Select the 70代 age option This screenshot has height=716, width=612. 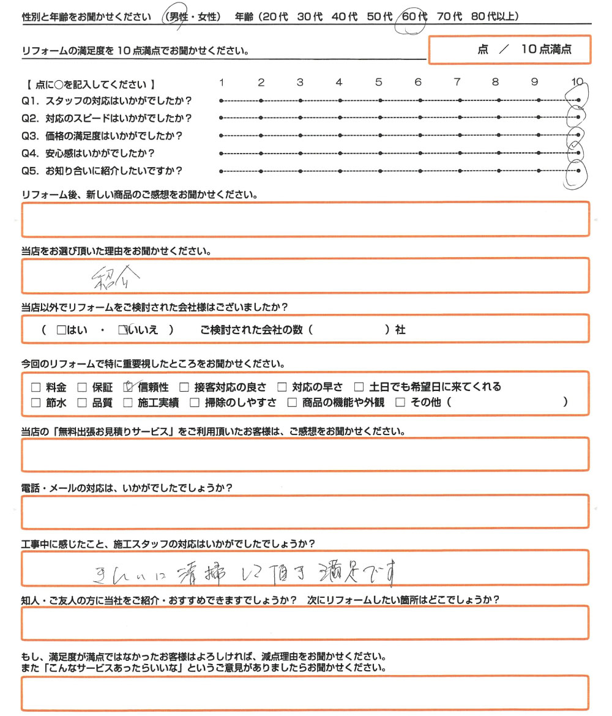click(450, 17)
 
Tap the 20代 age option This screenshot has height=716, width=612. click(272, 17)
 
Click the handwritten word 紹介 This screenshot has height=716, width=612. click(115, 279)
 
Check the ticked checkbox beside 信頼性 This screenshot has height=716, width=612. click(129, 387)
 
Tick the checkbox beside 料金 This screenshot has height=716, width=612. click(35, 387)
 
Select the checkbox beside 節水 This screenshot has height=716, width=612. click(35, 403)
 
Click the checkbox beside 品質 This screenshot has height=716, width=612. click(81, 403)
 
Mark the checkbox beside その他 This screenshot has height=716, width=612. click(401, 403)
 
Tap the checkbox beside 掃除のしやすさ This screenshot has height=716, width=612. click(194, 403)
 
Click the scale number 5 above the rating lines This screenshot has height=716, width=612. click(379, 83)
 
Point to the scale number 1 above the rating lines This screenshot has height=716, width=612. click(222, 83)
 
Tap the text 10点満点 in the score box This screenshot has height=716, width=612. click(546, 50)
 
